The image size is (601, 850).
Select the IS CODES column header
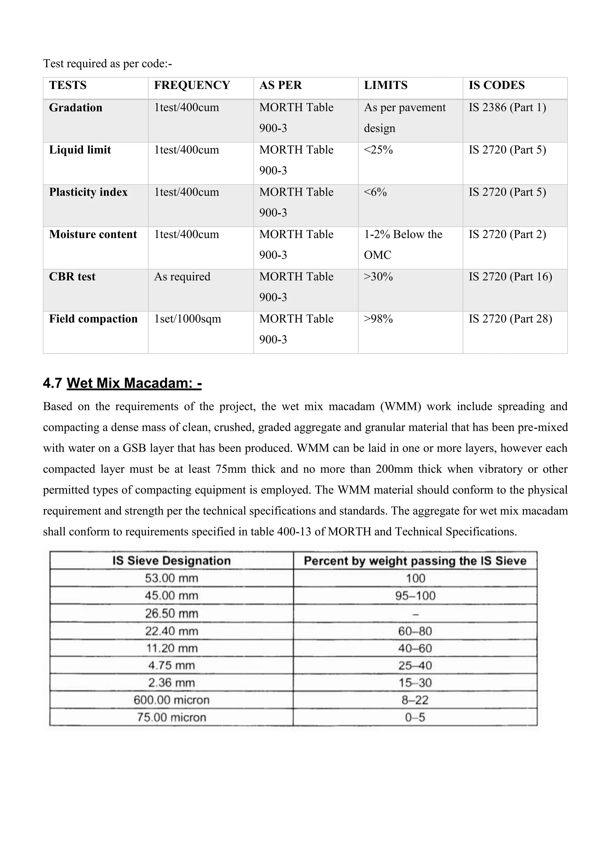[x=496, y=85]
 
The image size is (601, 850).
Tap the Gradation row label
[x=75, y=108]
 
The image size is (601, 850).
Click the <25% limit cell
[x=378, y=150]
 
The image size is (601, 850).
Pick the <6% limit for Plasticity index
[x=375, y=192]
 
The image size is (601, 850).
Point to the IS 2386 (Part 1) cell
[x=507, y=107]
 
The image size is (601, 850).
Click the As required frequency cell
[x=182, y=276]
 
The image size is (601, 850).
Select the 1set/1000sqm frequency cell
[x=187, y=319]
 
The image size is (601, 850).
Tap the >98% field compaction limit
[x=378, y=319]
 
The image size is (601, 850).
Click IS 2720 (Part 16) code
[x=510, y=276]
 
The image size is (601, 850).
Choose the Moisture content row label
[x=93, y=234]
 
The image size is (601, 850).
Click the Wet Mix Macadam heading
[x=134, y=383]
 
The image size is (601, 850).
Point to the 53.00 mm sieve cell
[x=171, y=578]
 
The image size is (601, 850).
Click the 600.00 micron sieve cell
[x=171, y=700]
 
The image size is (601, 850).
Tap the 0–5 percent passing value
[x=415, y=717]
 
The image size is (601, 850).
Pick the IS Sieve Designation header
[x=171, y=561]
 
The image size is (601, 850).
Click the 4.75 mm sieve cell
[x=171, y=665]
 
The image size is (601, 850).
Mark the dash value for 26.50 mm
[x=415, y=614]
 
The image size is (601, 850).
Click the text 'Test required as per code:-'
[x=107, y=64]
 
